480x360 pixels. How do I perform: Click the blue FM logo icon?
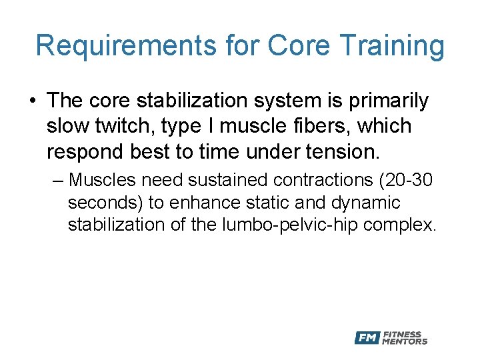[x=367, y=337]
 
